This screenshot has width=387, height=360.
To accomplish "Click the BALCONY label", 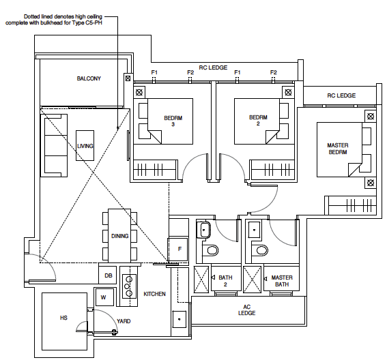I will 89,78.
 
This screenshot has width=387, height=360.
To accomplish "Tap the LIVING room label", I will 85,146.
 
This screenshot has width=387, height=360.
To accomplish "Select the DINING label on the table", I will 119,236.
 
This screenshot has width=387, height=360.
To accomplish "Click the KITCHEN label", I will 154,294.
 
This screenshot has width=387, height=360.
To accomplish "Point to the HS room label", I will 63,318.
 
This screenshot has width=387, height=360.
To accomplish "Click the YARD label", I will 124,320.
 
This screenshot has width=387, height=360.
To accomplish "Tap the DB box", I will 108,275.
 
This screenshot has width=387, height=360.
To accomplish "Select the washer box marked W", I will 104,297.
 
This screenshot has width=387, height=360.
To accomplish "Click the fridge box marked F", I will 180,250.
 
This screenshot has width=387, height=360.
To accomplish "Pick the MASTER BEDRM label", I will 337,149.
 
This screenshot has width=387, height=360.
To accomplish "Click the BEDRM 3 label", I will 173,121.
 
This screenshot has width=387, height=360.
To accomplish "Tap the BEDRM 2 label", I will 256,121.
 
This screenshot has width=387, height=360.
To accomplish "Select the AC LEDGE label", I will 246,310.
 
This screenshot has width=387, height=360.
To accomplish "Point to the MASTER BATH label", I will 282,281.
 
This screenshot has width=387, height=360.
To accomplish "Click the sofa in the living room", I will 53,145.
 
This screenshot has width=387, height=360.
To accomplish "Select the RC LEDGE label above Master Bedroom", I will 341,96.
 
